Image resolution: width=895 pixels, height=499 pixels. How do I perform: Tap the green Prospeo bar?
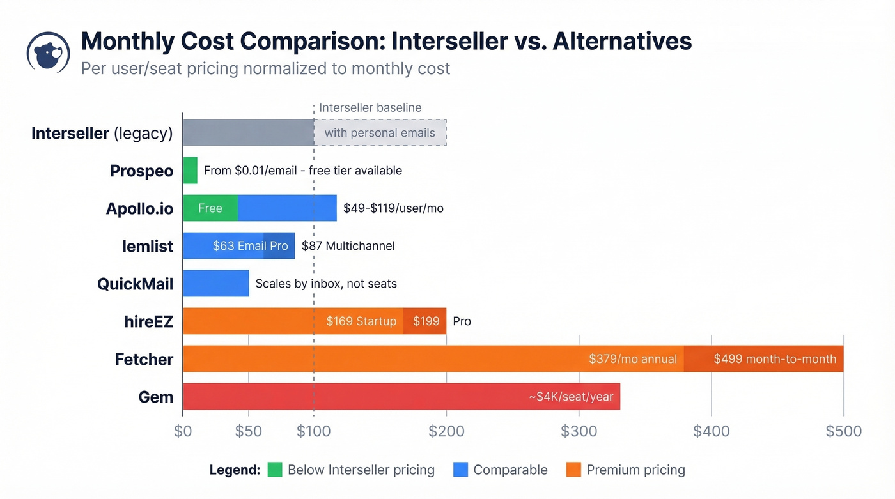(x=190, y=171)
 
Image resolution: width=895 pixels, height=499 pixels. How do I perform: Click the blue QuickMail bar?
(x=215, y=284)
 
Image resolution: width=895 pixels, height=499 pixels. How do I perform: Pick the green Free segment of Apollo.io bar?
(x=210, y=208)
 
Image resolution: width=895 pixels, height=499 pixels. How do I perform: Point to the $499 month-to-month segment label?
(x=775, y=359)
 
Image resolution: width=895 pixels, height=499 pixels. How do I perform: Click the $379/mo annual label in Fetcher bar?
(x=632, y=359)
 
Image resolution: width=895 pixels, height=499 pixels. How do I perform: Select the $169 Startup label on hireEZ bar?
(x=361, y=321)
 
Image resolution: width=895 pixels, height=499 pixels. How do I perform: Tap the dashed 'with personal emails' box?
(x=380, y=133)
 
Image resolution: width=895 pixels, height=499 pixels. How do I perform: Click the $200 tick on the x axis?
(x=446, y=431)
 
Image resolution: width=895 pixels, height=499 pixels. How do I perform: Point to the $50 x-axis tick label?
(x=248, y=431)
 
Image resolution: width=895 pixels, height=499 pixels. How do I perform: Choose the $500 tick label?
(x=843, y=431)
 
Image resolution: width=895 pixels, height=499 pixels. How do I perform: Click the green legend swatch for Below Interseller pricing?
(x=274, y=470)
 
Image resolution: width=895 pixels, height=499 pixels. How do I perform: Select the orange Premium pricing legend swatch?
(x=573, y=470)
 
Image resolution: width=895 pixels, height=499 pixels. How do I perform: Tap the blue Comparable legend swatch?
(x=460, y=470)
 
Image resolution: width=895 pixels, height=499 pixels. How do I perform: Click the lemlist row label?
(x=148, y=246)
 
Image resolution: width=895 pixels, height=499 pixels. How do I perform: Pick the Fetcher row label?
(x=144, y=359)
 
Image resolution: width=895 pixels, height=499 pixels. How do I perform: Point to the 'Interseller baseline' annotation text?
(x=370, y=107)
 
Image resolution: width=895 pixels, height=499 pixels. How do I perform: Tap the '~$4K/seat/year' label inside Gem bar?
(x=571, y=397)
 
